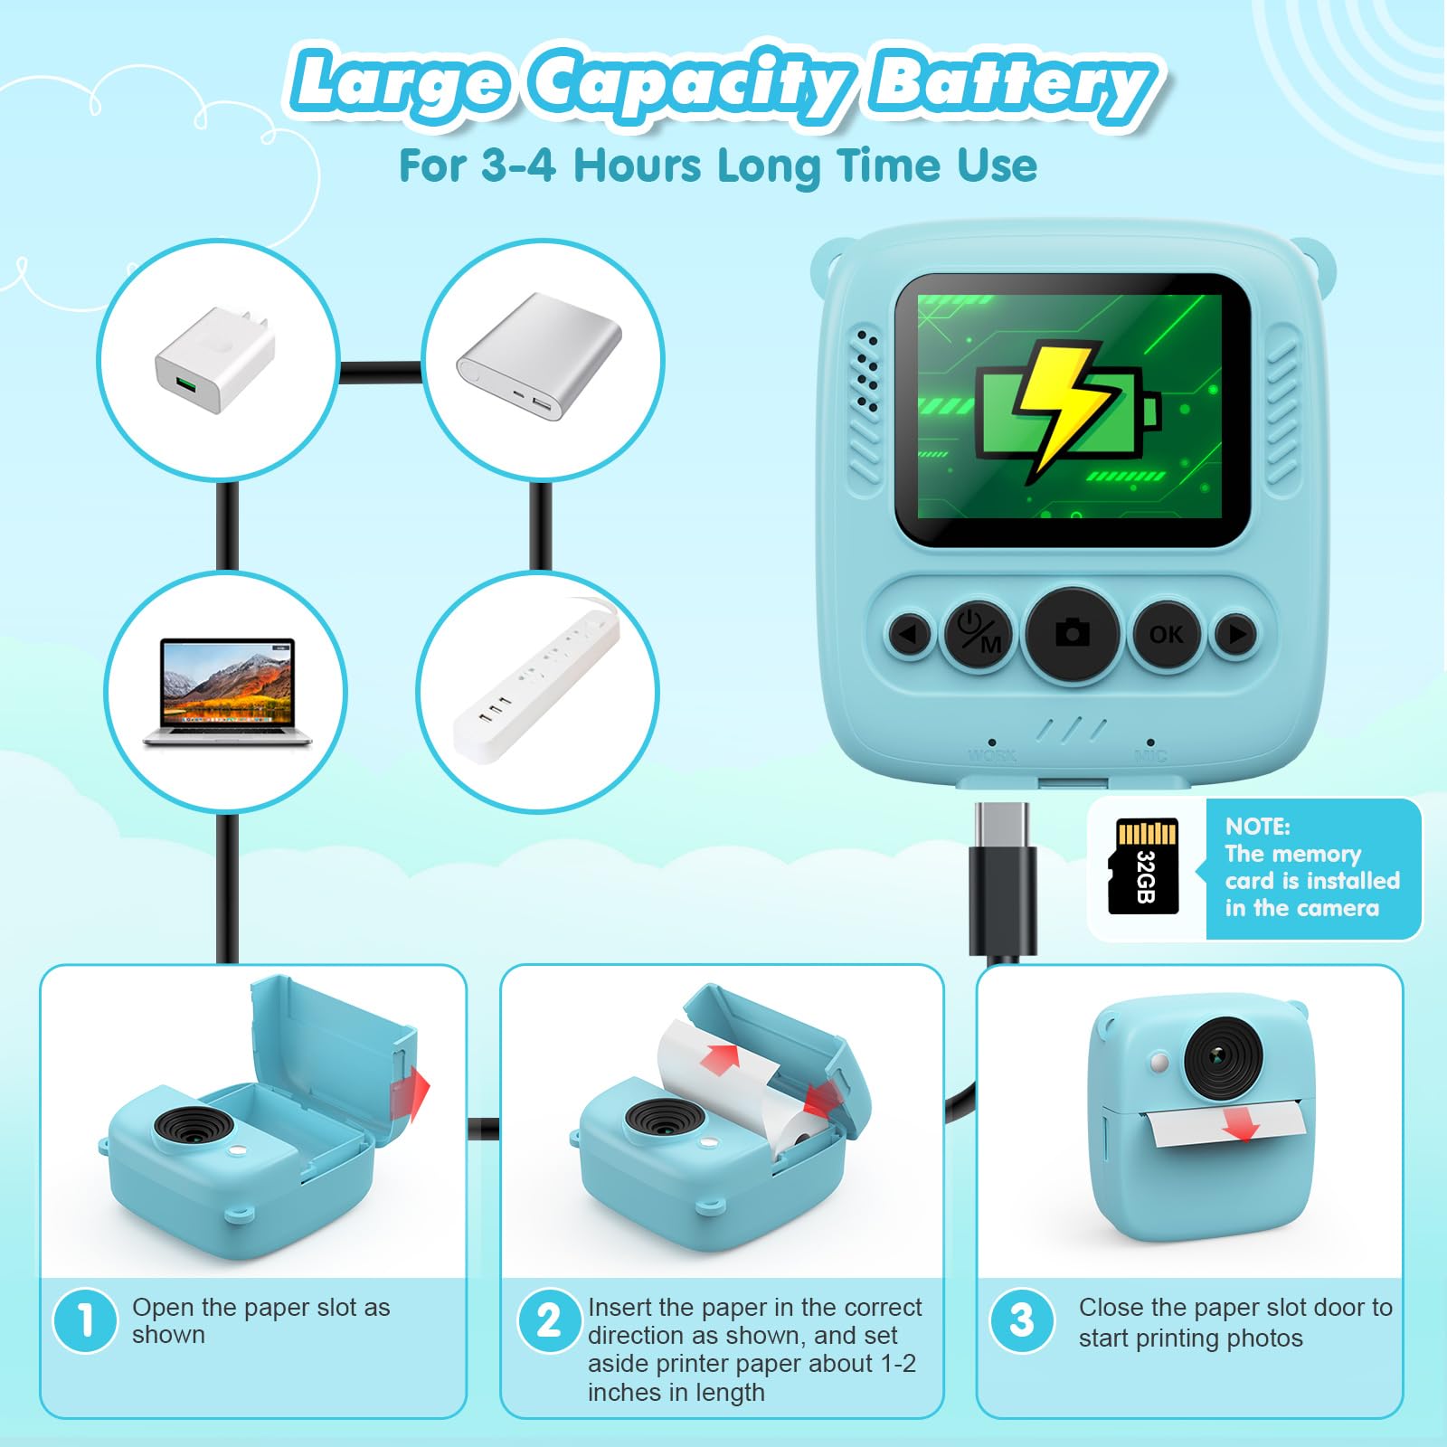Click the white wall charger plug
coord(213,360)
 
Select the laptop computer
coord(227,692)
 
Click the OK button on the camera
coord(1166,634)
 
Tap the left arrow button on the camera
coord(909,633)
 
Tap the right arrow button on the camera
coord(1236,633)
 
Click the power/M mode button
coord(979,633)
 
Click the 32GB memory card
coord(1144,866)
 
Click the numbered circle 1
coord(86,1320)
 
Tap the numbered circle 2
coord(549,1320)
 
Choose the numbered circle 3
coord(1022,1320)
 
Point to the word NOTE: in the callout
coord(1258,826)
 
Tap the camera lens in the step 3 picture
coord(1223,1056)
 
